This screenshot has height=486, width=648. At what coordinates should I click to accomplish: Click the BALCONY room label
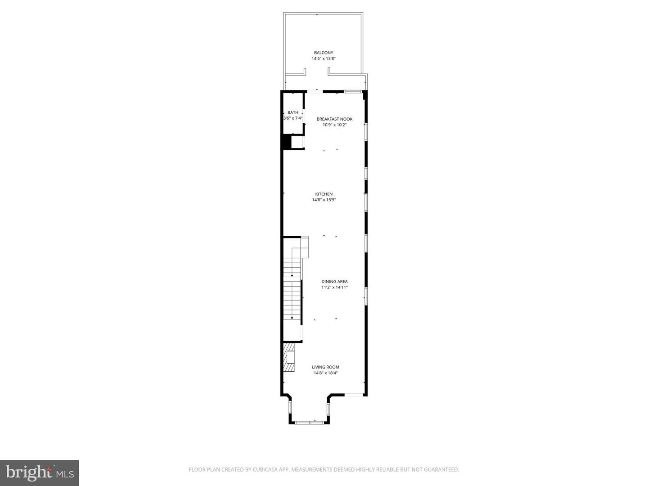[324, 53]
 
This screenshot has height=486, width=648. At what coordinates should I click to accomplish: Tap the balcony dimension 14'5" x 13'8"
[324, 58]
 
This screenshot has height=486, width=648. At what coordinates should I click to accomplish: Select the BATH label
[293, 112]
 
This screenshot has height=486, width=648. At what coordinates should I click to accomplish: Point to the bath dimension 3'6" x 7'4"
[293, 118]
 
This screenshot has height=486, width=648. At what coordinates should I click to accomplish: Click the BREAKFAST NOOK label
[334, 119]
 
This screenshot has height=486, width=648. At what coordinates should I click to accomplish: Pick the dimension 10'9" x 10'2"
[334, 125]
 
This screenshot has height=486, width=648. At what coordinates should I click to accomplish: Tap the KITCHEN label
[324, 194]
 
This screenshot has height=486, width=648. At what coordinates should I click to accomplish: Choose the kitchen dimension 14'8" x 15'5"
[324, 200]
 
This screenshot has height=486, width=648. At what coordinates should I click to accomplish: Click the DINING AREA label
[334, 282]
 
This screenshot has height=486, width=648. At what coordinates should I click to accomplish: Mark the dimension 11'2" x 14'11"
[334, 288]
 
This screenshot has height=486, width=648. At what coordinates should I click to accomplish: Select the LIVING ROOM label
[325, 367]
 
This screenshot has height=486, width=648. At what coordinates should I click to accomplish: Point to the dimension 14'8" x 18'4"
[325, 373]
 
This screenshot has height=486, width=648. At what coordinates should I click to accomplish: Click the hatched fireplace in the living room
[288, 357]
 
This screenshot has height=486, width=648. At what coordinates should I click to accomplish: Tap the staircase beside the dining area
[292, 292]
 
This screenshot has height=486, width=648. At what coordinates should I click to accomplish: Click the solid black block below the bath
[286, 142]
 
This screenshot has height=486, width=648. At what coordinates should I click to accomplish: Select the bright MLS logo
[40, 472]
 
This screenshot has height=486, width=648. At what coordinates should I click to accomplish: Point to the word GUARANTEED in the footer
[442, 470]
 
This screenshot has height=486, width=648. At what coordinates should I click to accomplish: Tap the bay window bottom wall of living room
[309, 422]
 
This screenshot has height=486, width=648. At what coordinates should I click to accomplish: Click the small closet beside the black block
[297, 142]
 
